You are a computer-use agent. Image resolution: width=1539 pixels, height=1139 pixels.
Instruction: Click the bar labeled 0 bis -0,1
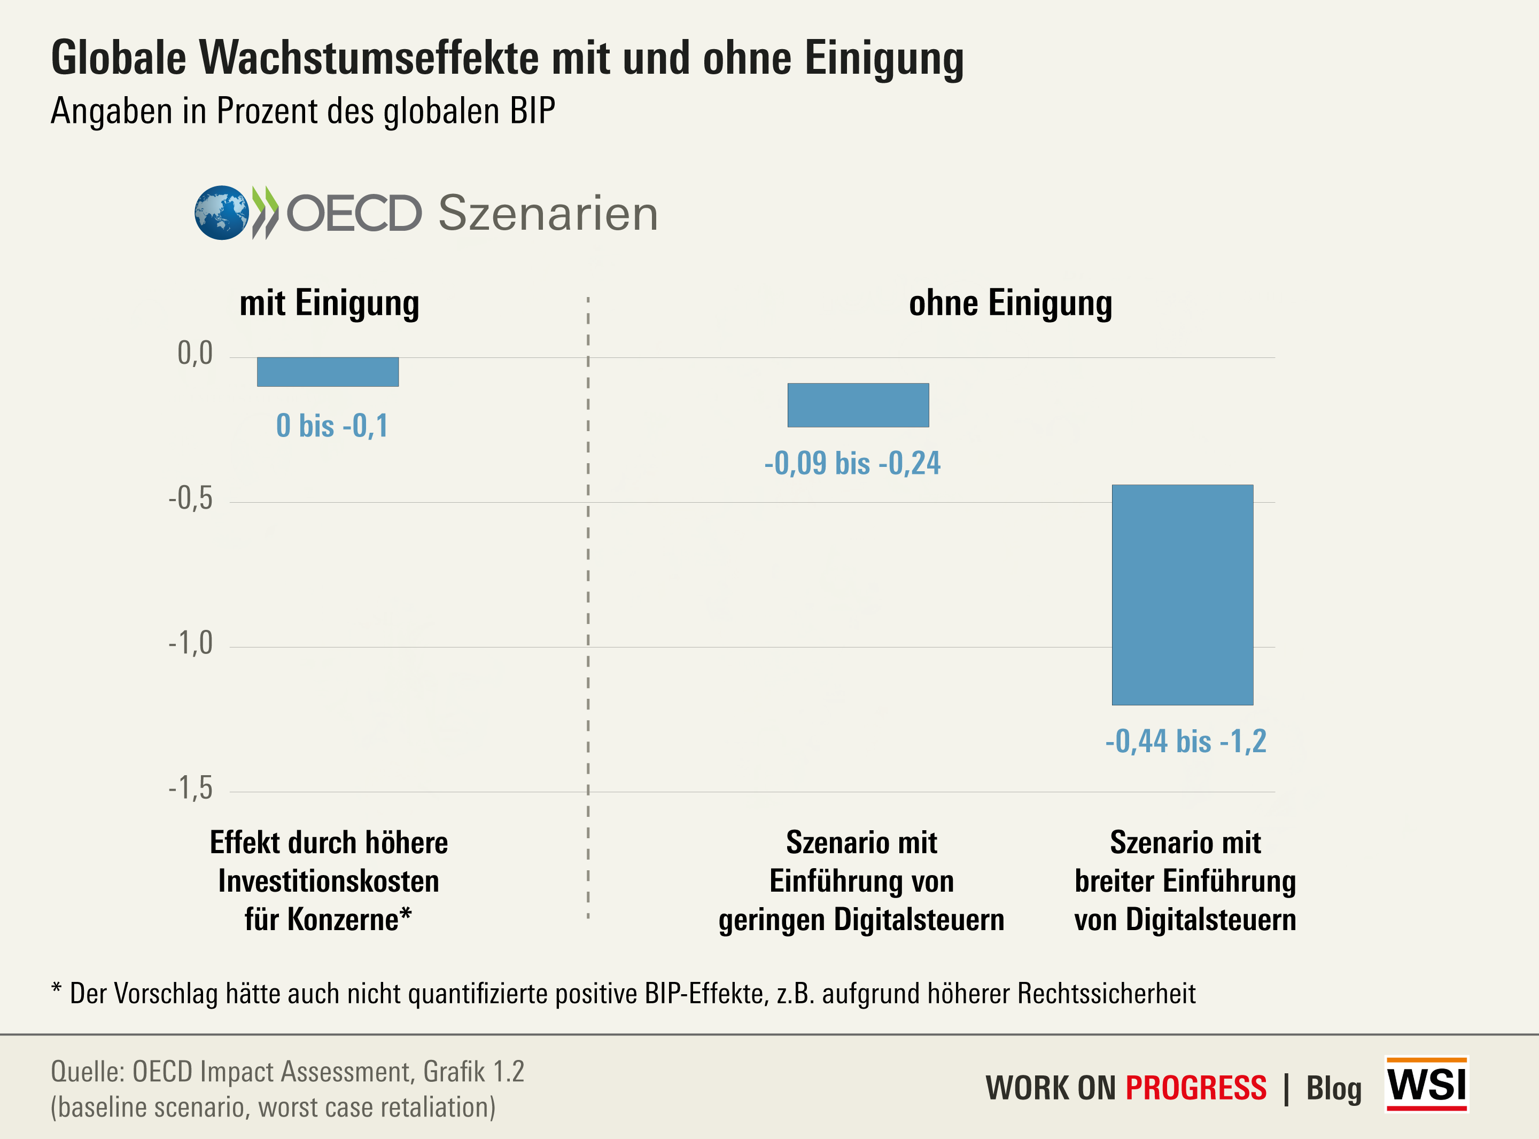[x=328, y=372]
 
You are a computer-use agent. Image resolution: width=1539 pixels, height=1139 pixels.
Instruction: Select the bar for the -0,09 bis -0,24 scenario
[x=858, y=405]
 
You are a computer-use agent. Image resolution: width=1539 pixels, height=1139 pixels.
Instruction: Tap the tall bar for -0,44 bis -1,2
[x=1182, y=594]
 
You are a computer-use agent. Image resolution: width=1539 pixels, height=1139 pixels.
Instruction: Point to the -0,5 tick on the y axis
[x=191, y=498]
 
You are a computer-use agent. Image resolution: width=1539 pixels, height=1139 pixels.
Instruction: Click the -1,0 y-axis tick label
[x=191, y=643]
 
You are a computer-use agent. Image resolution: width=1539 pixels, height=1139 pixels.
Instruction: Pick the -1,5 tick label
[x=191, y=788]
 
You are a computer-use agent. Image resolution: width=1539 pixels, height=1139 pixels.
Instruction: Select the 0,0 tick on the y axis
[x=195, y=354]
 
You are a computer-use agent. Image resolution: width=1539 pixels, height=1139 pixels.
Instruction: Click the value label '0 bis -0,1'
[x=332, y=425]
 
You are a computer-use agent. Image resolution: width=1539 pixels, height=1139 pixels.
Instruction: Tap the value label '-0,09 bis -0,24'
[x=852, y=463]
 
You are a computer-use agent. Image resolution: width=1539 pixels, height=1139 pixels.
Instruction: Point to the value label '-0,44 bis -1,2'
[x=1185, y=741]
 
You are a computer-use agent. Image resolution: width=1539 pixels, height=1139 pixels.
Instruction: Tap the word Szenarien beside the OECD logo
[x=548, y=213]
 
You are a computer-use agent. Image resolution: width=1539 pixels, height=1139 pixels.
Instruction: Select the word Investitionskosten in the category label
[x=328, y=881]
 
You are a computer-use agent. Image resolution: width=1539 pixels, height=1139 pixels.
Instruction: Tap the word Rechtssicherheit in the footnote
[x=1106, y=994]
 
